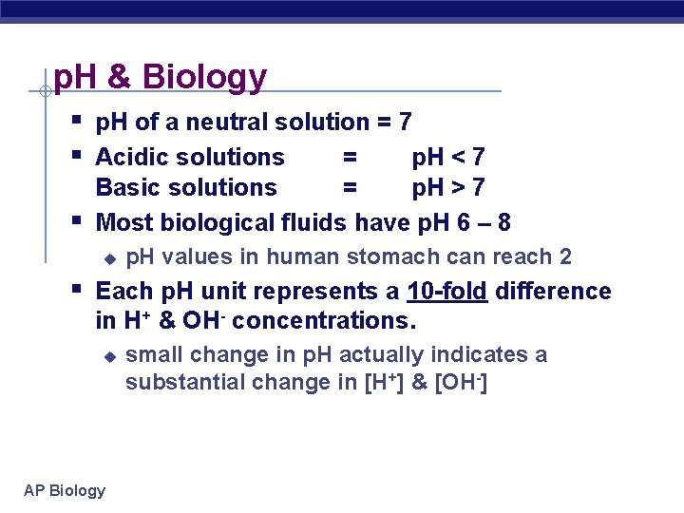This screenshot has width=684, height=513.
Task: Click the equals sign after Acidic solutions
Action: tap(350, 158)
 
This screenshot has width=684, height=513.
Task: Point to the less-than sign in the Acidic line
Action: tap(465, 158)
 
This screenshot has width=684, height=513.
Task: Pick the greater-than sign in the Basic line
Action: tap(465, 188)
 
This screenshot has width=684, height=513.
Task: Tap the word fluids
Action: tap(313, 223)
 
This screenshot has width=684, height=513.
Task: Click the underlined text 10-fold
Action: tap(446, 291)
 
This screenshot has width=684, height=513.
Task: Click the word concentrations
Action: tap(324, 321)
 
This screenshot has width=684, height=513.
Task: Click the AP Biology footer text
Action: tap(65, 490)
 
